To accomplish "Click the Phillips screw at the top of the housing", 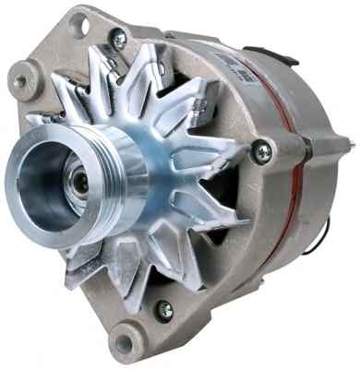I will pos(118,39).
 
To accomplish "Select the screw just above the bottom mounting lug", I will pos(164,310).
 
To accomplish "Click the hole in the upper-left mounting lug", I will pos(20,82).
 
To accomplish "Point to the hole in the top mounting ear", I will pos(78,24).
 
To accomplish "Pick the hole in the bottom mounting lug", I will pos(123,344).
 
